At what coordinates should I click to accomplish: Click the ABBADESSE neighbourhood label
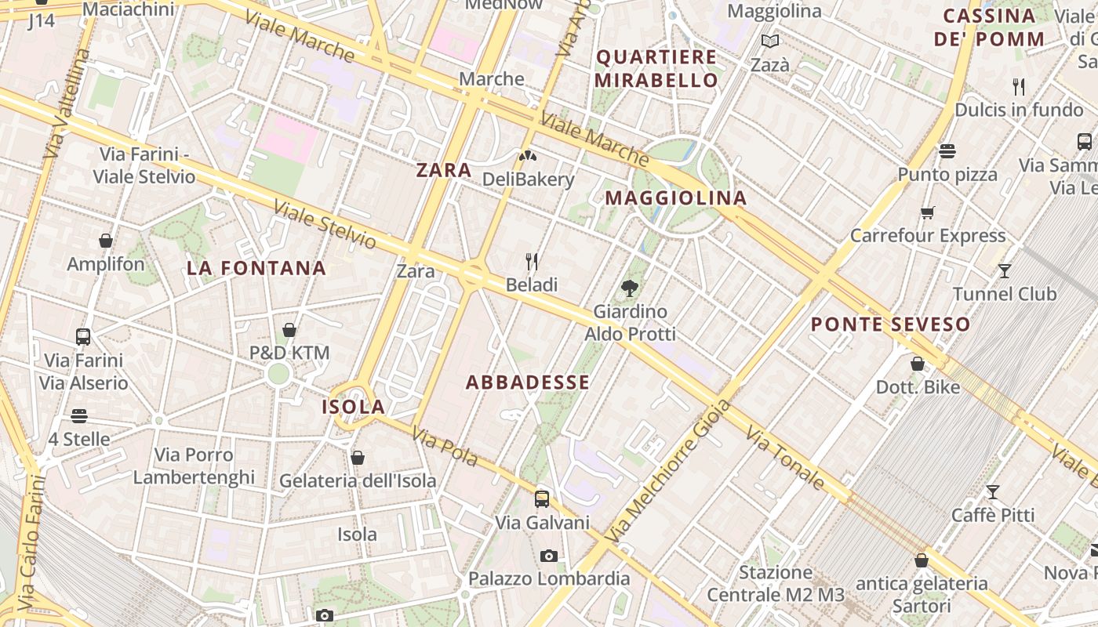pyautogui.click(x=527, y=382)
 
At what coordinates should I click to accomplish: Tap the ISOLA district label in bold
pyautogui.click(x=353, y=407)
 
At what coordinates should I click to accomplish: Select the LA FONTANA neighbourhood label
pyautogui.click(x=256, y=268)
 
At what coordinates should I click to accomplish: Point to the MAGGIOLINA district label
pyautogui.click(x=675, y=198)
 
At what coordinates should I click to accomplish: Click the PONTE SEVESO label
pyautogui.click(x=890, y=324)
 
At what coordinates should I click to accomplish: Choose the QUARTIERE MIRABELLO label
pyautogui.click(x=656, y=68)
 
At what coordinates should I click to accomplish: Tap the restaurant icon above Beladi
pyautogui.click(x=532, y=261)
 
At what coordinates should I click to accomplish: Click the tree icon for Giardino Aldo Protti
pyautogui.click(x=629, y=288)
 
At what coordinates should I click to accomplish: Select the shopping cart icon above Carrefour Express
pyautogui.click(x=928, y=212)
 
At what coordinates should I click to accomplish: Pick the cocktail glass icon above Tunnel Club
pyautogui.click(x=1005, y=271)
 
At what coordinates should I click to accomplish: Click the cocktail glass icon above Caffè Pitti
pyautogui.click(x=993, y=492)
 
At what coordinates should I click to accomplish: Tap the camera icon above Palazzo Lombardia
pyautogui.click(x=549, y=556)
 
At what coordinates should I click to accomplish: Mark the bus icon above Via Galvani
pyautogui.click(x=542, y=498)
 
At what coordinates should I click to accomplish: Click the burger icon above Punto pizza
pyautogui.click(x=947, y=151)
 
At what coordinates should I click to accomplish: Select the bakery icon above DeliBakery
pyautogui.click(x=528, y=156)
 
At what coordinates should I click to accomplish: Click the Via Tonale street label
pyautogui.click(x=785, y=458)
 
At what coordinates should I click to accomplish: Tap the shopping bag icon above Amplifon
pyautogui.click(x=106, y=241)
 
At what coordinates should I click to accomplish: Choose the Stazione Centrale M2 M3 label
pyautogui.click(x=775, y=584)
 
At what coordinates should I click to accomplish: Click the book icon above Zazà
pyautogui.click(x=770, y=42)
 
